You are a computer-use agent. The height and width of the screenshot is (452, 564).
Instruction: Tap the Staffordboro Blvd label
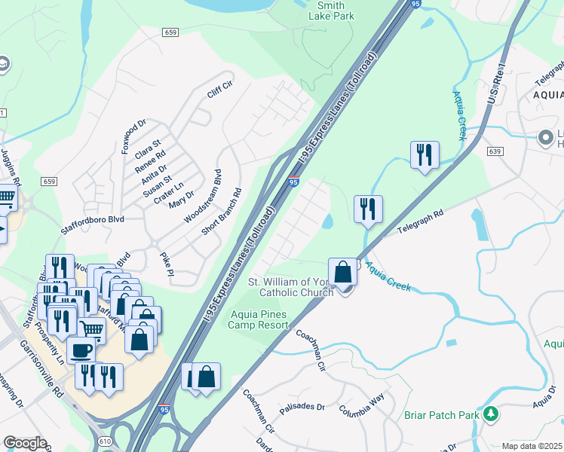pos(92,219)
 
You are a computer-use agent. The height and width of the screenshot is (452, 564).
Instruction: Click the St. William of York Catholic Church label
pos(289,287)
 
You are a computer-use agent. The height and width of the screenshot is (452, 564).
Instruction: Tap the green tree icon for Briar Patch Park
pos(492,414)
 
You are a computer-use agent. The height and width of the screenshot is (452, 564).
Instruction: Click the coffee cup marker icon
pos(81,349)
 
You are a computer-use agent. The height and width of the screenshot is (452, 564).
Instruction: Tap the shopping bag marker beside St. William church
pos(342,271)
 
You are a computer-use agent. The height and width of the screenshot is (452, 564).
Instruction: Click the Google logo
pos(25,443)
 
